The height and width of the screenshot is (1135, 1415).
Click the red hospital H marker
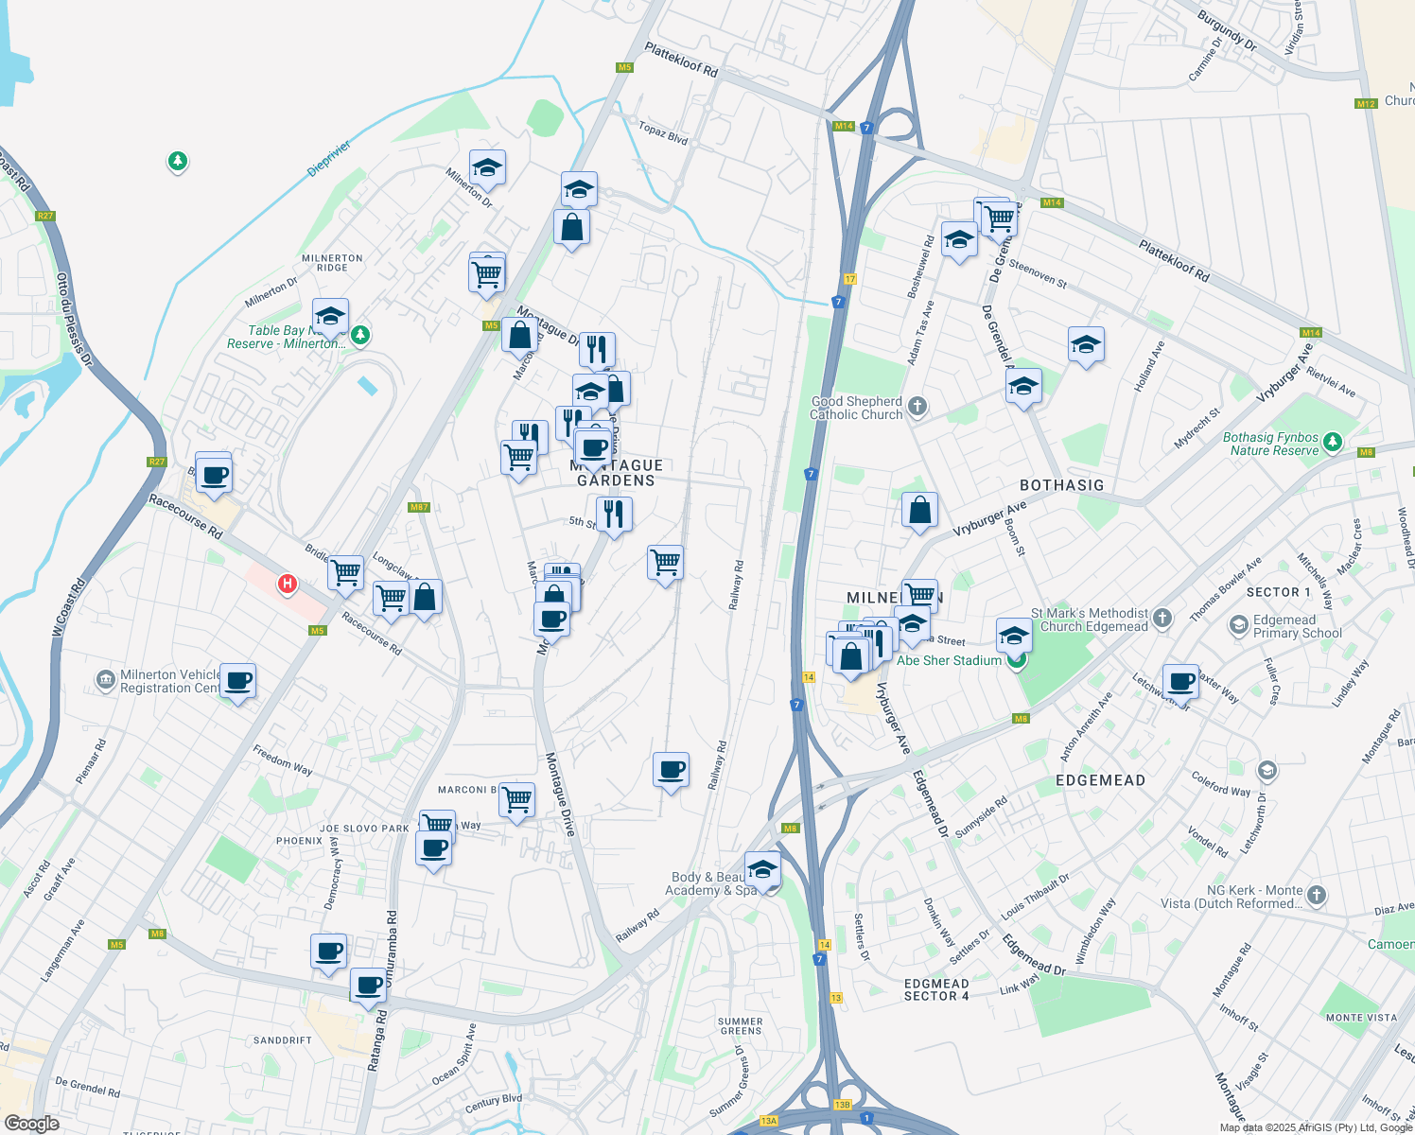[x=288, y=585]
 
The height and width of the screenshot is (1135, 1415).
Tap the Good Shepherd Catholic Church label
[x=857, y=408]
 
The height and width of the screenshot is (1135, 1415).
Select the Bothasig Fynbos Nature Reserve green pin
[x=1333, y=442]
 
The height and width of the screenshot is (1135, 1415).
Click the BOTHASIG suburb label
[x=1061, y=485]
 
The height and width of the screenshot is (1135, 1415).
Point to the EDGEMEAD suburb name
[x=1100, y=780]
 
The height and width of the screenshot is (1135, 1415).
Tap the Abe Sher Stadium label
[x=948, y=660]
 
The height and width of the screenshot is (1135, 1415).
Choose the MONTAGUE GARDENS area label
[x=616, y=473]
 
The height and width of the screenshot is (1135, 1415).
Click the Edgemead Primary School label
[x=1297, y=626]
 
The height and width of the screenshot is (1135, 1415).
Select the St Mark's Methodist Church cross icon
[x=1162, y=619]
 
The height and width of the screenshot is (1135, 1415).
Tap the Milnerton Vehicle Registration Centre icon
[x=106, y=680]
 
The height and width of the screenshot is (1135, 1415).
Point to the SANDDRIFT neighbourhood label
[x=282, y=1040]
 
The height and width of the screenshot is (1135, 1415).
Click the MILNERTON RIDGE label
[x=332, y=262]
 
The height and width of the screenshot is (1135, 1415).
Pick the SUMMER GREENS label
[x=740, y=1025]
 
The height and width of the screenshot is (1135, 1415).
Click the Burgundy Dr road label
[x=1227, y=30]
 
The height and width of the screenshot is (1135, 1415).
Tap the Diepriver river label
[x=329, y=159]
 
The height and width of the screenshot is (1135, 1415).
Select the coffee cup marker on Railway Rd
[x=671, y=770]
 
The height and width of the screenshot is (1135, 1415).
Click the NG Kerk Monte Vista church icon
[x=1317, y=895]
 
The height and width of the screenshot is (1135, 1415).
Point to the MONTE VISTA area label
[x=1361, y=1018]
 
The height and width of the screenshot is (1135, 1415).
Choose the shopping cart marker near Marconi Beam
[x=516, y=800]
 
